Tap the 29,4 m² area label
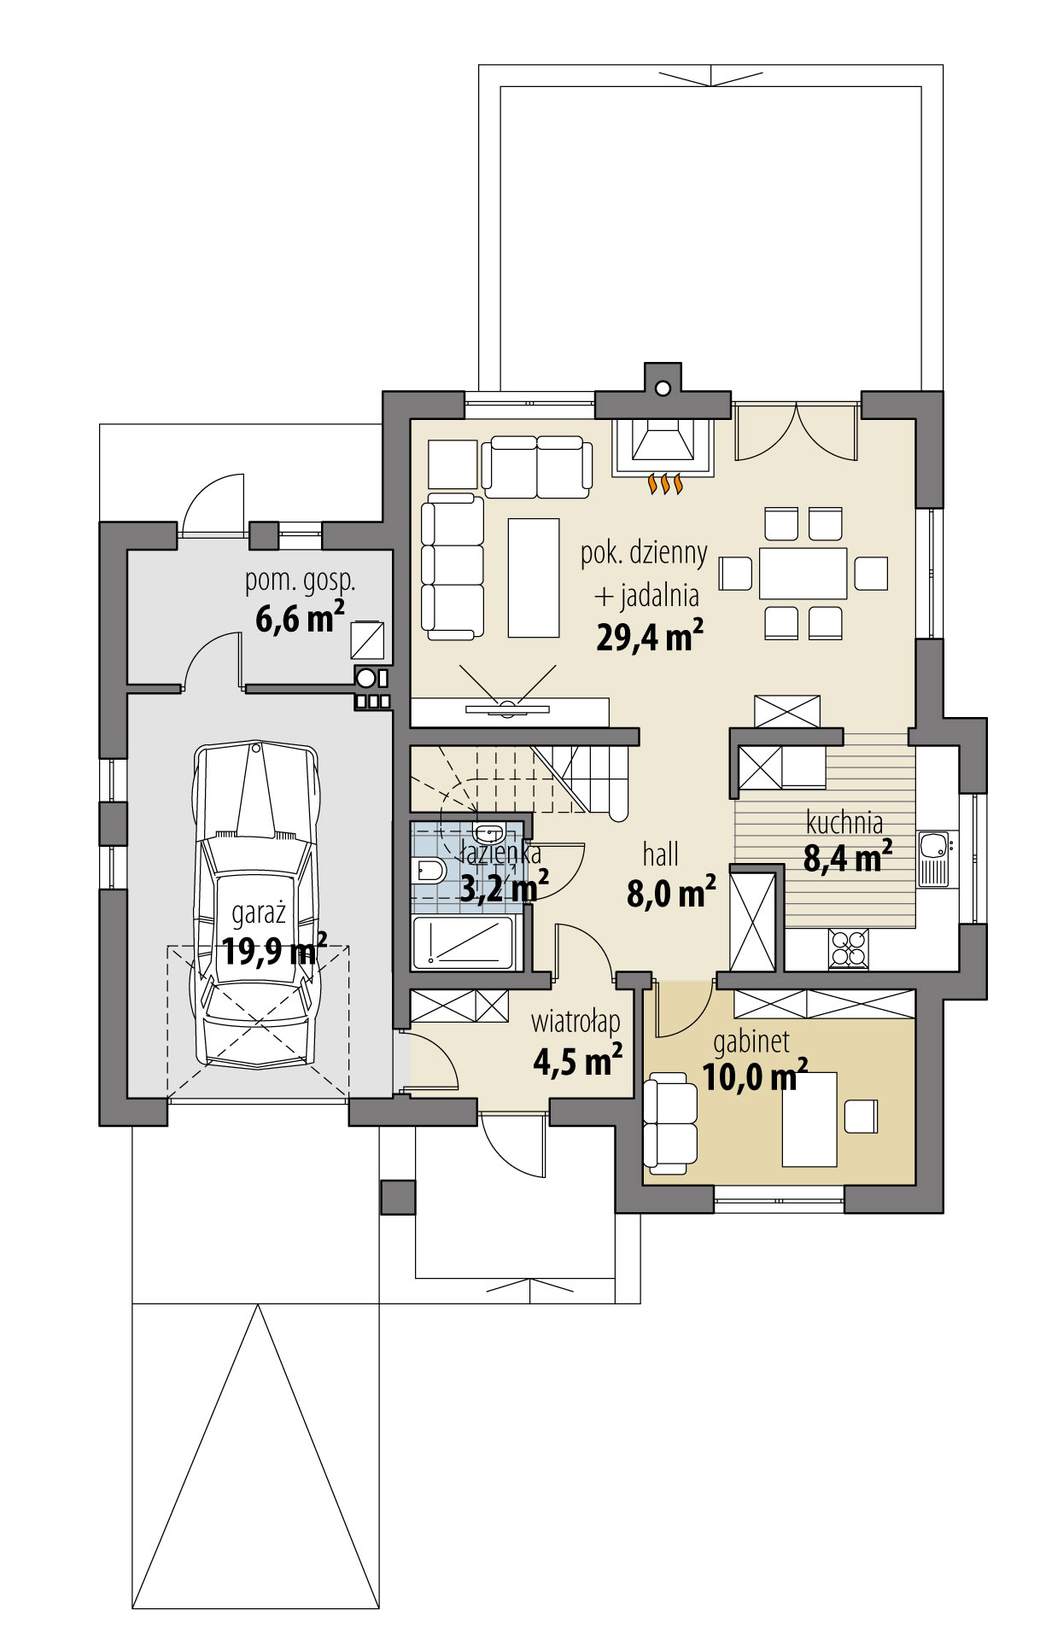coord(649,637)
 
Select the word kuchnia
coord(844,823)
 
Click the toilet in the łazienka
coord(427,872)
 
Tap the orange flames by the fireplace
coord(667,484)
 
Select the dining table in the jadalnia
coord(802,573)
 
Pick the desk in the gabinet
coord(809,1119)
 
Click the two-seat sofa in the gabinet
coord(670,1123)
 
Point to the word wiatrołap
coord(576,1022)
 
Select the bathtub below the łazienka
coord(466,942)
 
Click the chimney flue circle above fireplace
coord(662,388)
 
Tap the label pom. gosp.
coord(300,581)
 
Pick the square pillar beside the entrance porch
coord(397,1197)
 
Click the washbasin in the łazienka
coord(489,833)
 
